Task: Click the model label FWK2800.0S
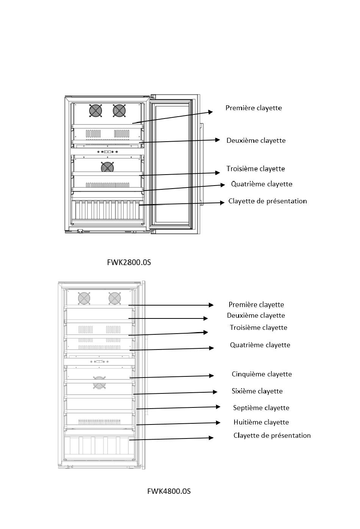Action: click(129, 262)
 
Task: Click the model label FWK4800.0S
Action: click(169, 491)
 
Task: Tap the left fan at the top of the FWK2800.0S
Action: click(95, 110)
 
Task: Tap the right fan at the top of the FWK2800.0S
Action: click(119, 110)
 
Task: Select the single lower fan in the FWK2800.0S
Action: click(107, 167)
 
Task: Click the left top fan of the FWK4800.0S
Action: click(84, 298)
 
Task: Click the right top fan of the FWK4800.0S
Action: click(115, 298)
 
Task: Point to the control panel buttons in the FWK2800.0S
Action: click(108, 151)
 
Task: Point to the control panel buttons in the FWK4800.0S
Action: click(99, 362)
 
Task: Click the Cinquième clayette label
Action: click(262, 374)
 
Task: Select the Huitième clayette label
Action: click(261, 422)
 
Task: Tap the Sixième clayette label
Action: click(257, 391)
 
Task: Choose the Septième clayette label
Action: click(261, 407)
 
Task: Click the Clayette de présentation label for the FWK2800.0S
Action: click(268, 201)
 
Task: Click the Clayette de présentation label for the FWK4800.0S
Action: click(272, 435)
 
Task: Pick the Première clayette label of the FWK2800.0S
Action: click(254, 108)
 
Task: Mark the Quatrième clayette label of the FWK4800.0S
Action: click(260, 345)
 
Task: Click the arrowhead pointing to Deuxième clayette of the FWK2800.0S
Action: click(218, 140)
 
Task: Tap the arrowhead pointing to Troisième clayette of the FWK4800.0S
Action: click(205, 332)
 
